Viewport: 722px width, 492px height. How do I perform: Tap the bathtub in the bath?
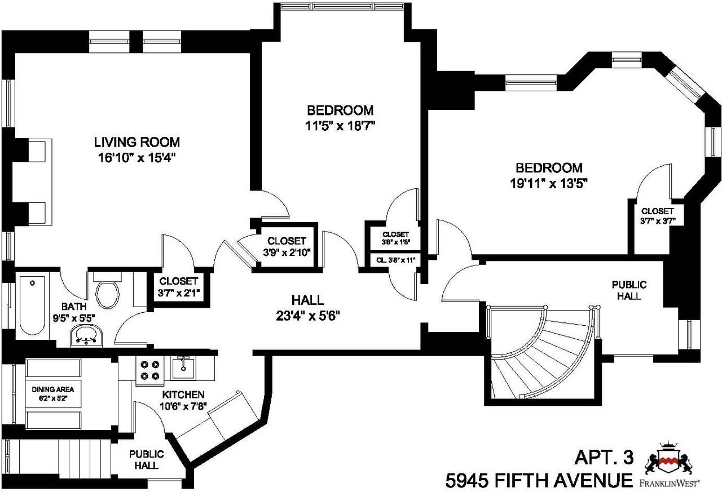[33, 307]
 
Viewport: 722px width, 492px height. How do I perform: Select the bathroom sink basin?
[86, 337]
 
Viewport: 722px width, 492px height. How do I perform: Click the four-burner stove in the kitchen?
[149, 370]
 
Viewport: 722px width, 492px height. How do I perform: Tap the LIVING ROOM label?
[137, 141]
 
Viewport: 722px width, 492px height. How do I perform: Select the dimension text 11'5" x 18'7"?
[340, 126]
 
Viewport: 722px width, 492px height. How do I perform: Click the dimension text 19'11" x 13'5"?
[549, 183]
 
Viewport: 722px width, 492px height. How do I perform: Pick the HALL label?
[307, 300]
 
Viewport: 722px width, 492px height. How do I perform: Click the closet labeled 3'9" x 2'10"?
[287, 247]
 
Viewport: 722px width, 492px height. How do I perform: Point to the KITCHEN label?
[183, 395]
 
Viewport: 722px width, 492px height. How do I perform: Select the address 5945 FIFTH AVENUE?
[539, 480]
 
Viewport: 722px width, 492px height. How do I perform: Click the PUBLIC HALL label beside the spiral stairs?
[629, 290]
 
